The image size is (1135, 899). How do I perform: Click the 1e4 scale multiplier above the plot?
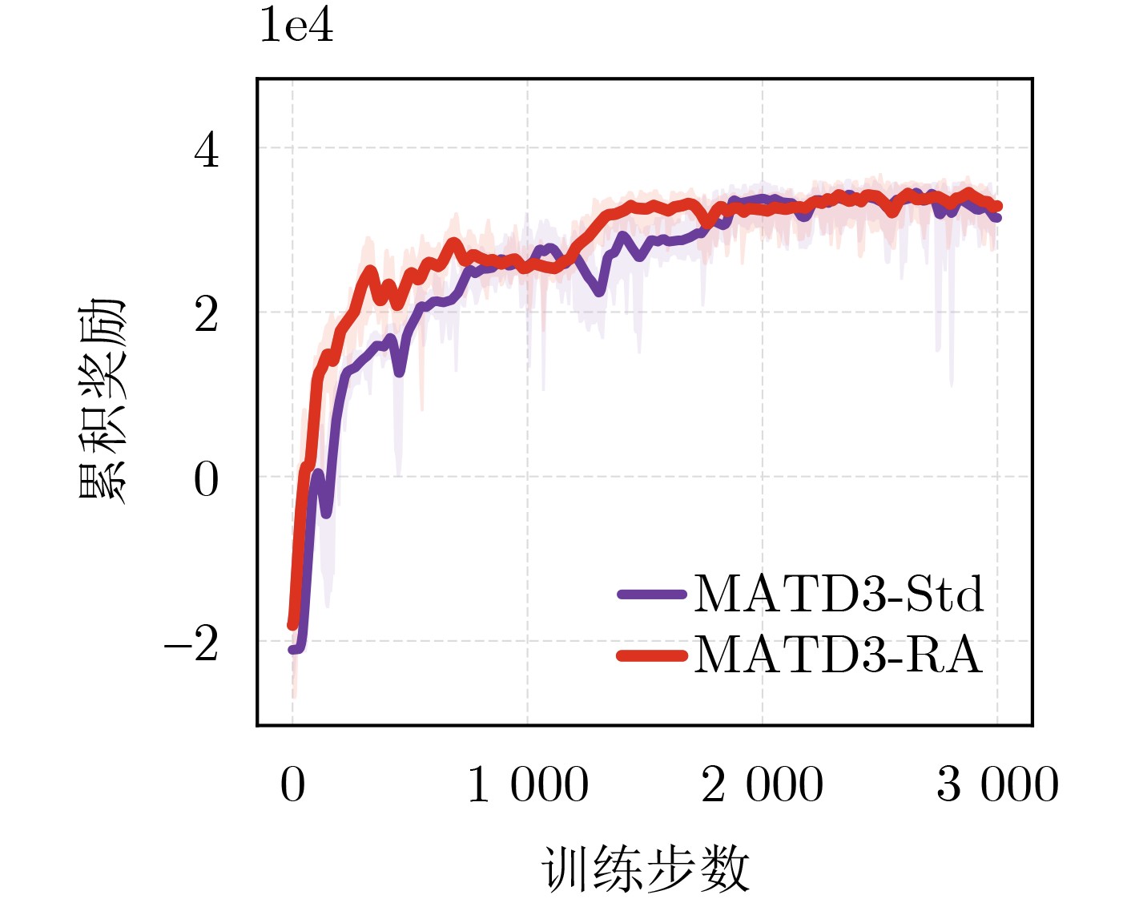pos(296,26)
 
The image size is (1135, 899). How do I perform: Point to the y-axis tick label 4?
pos(206,150)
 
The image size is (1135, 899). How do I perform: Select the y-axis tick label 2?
pos(206,314)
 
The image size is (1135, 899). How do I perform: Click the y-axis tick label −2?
pos(191,643)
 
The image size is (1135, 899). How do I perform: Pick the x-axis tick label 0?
pos(292,784)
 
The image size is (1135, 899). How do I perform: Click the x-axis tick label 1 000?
pos(527,784)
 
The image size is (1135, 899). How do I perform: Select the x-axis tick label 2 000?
pos(762,784)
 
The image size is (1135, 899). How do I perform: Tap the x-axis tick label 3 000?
pos(997,784)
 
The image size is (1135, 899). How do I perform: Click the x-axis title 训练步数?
pos(646,869)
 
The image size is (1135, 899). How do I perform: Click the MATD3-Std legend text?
pos(838,595)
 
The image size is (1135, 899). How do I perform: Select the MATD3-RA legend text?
pos(838,655)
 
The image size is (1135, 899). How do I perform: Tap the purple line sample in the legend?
pos(652,595)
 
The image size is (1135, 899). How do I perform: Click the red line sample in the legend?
pos(652,655)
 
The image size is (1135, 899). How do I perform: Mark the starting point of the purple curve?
pos(292,649)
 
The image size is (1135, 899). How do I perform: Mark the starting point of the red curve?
pos(292,625)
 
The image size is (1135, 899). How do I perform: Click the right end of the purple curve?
pos(997,217)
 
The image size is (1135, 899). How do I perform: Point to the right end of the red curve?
pos(998,207)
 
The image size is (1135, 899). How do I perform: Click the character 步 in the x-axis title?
pos(671,869)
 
